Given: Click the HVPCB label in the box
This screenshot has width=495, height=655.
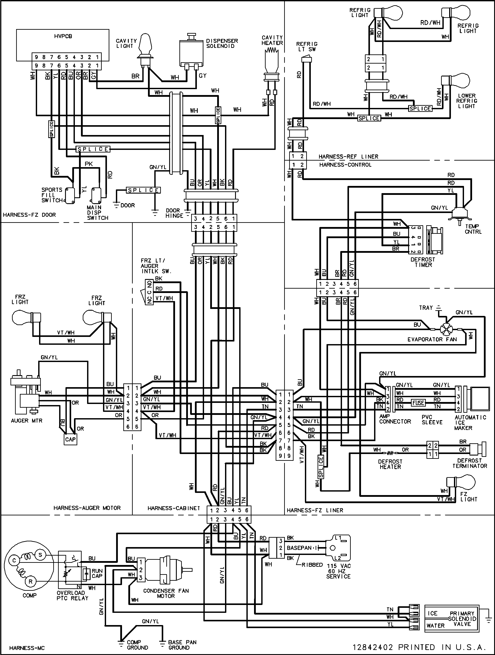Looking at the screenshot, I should [63, 36].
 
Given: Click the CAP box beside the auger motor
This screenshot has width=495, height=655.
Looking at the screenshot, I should [70, 439].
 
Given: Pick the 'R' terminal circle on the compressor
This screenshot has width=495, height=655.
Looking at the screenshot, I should [31, 582].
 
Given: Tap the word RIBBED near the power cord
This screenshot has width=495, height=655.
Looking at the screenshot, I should [312, 565].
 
